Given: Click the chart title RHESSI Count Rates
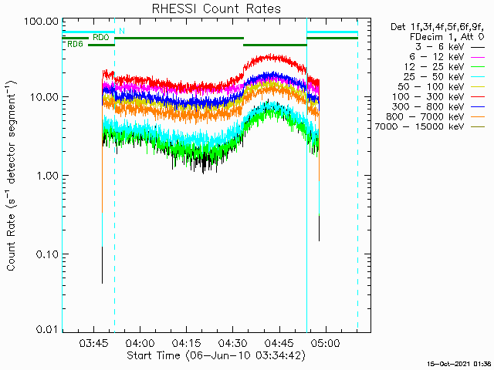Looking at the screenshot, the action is click(x=216, y=8).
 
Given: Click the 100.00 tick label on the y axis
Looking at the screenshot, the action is click(x=42, y=22).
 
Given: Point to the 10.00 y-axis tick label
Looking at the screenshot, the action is click(x=45, y=96).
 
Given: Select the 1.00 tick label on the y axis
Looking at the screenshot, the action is click(x=47, y=175).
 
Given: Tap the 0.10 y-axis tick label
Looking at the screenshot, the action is click(x=47, y=254).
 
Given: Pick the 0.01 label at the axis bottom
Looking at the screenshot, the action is click(x=47, y=329).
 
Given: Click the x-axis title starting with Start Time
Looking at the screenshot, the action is click(x=216, y=355).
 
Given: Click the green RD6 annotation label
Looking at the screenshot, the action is click(x=76, y=45).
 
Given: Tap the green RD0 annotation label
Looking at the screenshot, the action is click(x=101, y=38).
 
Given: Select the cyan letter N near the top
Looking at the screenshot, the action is click(x=122, y=31).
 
